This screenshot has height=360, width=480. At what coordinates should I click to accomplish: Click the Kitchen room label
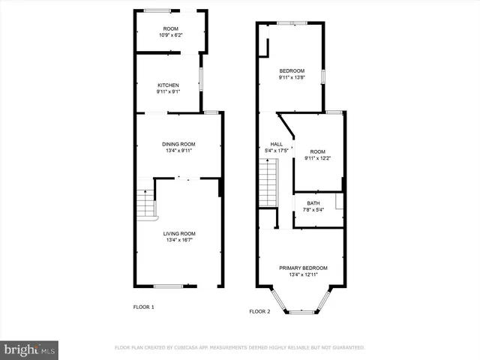click(x=167, y=85)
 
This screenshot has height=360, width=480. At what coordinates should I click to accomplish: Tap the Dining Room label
click(x=178, y=144)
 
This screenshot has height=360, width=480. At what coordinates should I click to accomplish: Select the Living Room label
click(x=180, y=234)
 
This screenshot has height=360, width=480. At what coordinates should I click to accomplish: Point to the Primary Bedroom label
click(x=303, y=268)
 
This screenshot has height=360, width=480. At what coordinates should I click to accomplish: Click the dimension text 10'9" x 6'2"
click(x=170, y=35)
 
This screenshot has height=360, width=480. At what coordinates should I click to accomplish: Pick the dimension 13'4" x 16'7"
click(x=180, y=241)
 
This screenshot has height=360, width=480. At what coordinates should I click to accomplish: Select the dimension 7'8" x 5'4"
click(x=313, y=209)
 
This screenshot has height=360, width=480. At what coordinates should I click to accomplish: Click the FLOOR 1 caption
click(x=143, y=307)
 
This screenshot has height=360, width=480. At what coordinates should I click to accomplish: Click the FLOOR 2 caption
click(x=259, y=311)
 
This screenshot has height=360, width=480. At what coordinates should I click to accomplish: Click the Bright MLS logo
click(x=30, y=349)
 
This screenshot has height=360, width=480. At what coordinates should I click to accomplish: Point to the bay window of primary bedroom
click(x=303, y=310)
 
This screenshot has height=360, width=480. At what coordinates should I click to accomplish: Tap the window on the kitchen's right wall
click(x=200, y=79)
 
